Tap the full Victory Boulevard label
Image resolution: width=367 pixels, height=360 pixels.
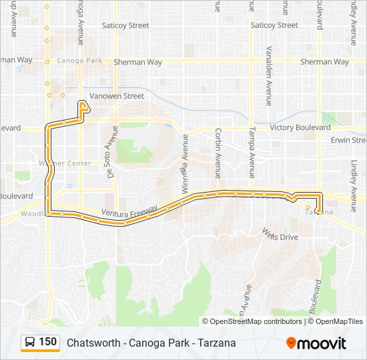(300, 127)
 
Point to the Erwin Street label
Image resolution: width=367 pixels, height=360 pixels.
(348, 140)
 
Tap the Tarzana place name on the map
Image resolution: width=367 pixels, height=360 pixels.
(319, 213)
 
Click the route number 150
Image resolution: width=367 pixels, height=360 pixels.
(47, 342)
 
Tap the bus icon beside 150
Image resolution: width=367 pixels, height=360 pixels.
(30, 343)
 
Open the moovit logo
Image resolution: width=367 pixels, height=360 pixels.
(316, 343)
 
